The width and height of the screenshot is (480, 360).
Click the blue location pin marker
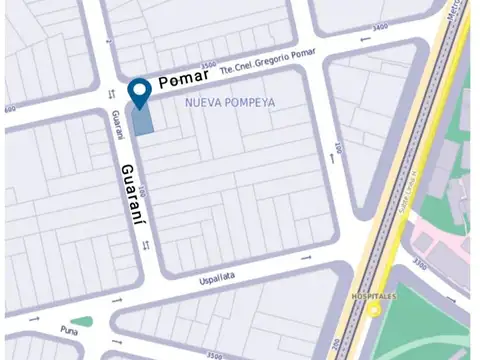coord(141,92)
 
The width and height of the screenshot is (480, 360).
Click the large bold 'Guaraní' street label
coord(129,198)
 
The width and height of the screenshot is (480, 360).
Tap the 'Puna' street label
coord(69,327)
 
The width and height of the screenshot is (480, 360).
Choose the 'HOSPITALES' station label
coord(375,297)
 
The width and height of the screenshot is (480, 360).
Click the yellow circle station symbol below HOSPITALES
coord(374,310)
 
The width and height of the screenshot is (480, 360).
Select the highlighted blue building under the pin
coord(144,119)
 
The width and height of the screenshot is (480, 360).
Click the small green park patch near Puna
coord(81,322)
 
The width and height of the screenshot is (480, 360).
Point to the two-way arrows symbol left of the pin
coord(112,93)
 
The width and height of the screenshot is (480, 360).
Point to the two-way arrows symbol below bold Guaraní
coord(147,244)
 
